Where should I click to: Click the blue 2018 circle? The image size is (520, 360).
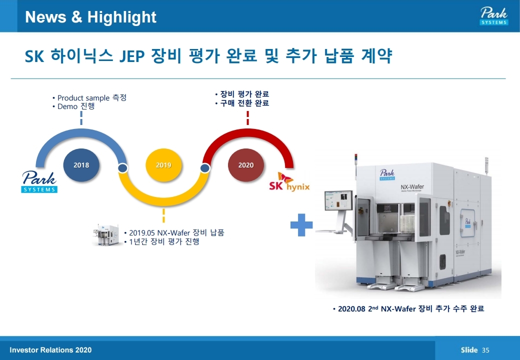point(81,165)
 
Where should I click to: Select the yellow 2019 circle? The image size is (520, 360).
point(163,165)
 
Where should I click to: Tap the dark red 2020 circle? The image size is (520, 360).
point(245,165)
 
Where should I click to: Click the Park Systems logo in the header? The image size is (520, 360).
point(493,16)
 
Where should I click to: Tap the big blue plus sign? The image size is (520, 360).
point(301,225)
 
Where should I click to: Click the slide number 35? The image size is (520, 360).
point(485,350)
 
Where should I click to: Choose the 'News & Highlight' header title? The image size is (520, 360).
point(90,17)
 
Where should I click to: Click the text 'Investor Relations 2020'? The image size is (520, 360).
point(50,350)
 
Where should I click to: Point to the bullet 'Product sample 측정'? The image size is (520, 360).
point(91,97)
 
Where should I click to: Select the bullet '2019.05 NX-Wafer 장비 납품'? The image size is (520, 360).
point(176,232)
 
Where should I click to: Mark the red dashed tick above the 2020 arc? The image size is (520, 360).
point(247,118)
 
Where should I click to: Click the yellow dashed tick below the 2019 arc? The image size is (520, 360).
point(163,215)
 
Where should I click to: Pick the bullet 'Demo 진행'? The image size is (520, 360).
point(75,106)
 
